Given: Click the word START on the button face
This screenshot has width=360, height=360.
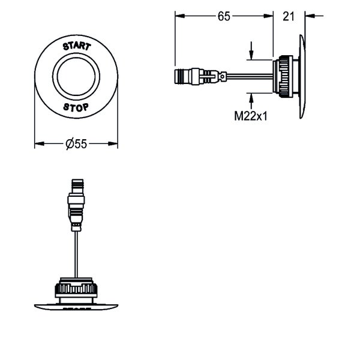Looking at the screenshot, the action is [77, 46].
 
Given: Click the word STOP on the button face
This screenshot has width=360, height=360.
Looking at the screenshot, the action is [76, 107].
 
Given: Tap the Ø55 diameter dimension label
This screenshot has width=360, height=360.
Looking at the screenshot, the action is [76, 144].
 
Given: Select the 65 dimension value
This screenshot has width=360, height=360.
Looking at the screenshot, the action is [224, 16].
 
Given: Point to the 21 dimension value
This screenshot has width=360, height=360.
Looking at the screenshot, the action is [289, 16].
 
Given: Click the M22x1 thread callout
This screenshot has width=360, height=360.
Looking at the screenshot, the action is [251, 116].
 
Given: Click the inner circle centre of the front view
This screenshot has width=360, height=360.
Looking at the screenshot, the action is [76, 76].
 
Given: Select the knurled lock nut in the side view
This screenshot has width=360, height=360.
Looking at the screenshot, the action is [286, 76].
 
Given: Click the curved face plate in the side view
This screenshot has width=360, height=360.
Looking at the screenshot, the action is [302, 76].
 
